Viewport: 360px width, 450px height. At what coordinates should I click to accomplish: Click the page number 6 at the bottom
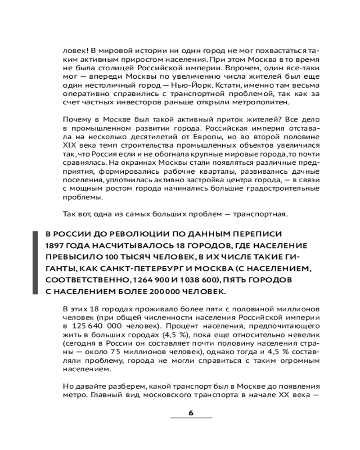pos(191,413)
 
